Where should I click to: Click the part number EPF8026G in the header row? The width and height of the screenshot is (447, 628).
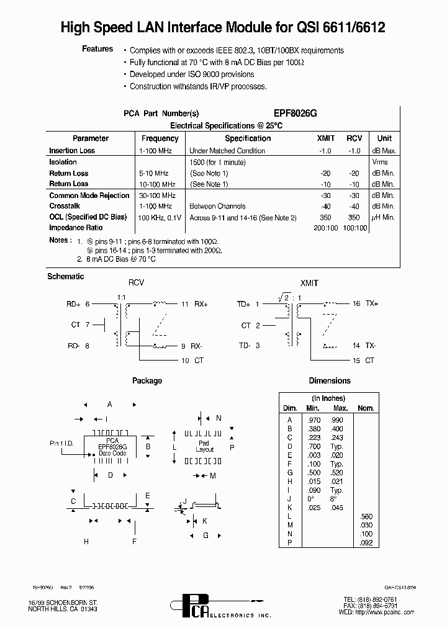pyautogui.click(x=296, y=114)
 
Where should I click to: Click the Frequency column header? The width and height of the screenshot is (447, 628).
pyautogui.click(x=160, y=138)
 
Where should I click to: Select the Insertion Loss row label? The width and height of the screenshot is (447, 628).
pyautogui.click(x=72, y=151)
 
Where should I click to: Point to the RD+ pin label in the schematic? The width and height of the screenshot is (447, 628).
pyautogui.click(x=73, y=304)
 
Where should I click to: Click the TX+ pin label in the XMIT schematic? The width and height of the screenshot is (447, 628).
pyautogui.click(x=372, y=304)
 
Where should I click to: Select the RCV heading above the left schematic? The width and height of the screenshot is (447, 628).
pyautogui.click(x=135, y=282)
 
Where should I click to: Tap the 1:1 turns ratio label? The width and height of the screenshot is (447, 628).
pyautogui.click(x=122, y=297)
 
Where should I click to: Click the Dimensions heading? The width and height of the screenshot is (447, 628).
pyautogui.click(x=329, y=381)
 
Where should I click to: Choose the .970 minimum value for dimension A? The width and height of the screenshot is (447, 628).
pyautogui.click(x=313, y=420)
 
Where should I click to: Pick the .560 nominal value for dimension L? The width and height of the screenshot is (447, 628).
pyautogui.click(x=366, y=516)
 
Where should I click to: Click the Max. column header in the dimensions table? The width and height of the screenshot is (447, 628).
pyautogui.click(x=340, y=408)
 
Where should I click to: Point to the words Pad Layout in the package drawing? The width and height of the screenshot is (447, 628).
pyautogui.click(x=204, y=446)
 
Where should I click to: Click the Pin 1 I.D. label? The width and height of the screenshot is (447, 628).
pyautogui.click(x=62, y=444)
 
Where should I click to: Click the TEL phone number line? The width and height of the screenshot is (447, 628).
pyautogui.click(x=370, y=599)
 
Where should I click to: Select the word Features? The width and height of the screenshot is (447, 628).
pyautogui.click(x=97, y=49)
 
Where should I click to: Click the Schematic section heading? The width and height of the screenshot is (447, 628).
pyautogui.click(x=65, y=276)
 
